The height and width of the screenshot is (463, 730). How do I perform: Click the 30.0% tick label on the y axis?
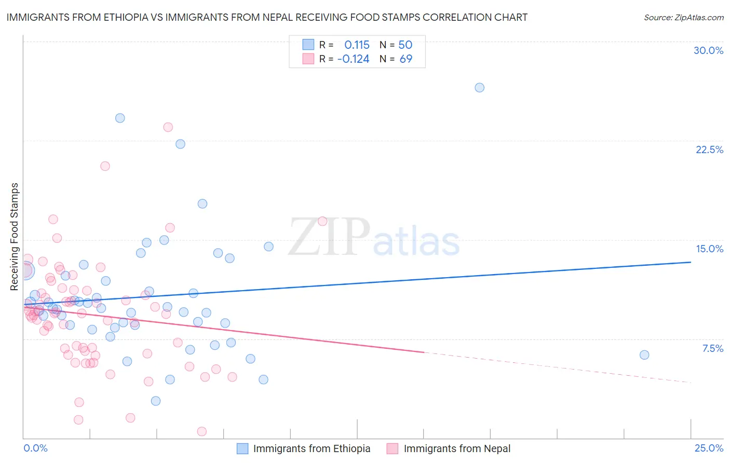click(x=708, y=50)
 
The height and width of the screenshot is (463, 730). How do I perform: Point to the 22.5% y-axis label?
click(x=709, y=149)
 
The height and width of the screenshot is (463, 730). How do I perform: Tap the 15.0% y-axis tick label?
click(x=709, y=249)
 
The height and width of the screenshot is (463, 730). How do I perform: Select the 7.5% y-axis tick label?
click(x=712, y=348)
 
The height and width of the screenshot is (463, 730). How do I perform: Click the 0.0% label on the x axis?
click(x=35, y=448)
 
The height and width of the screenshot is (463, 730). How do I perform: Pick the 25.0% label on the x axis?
click(x=709, y=448)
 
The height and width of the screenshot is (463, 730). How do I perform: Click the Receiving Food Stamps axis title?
click(x=14, y=237)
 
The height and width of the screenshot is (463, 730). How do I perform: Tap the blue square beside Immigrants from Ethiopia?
click(x=242, y=448)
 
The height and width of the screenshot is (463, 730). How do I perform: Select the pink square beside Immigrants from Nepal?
click(x=393, y=448)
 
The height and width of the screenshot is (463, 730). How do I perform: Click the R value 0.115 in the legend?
click(x=357, y=45)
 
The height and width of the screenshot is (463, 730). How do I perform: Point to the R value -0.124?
click(x=353, y=59)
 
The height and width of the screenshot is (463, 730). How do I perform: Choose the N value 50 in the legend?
click(x=405, y=45)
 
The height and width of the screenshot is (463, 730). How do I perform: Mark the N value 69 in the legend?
click(x=405, y=59)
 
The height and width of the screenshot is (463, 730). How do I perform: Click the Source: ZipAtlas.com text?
click(x=683, y=18)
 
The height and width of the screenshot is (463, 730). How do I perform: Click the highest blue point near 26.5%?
click(x=479, y=88)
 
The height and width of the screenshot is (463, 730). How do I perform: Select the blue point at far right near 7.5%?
click(x=644, y=355)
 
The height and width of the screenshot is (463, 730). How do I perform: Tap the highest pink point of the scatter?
click(x=168, y=127)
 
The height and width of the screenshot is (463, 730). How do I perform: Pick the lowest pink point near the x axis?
click(x=202, y=431)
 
